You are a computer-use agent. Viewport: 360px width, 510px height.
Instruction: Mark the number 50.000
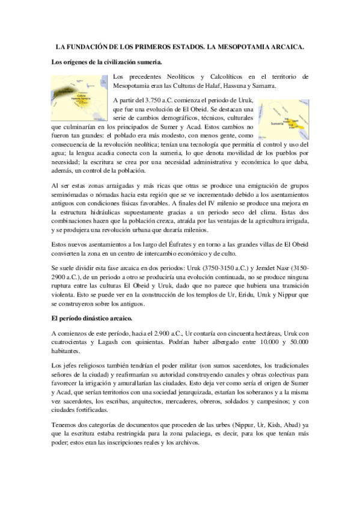pos(295,342)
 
